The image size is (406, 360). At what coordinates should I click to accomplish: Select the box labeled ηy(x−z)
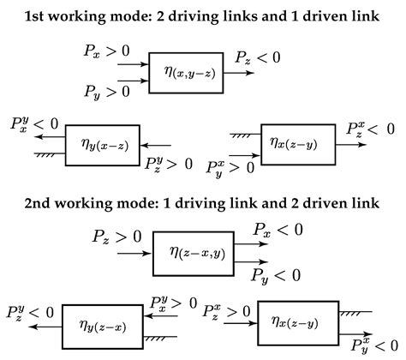[104, 144]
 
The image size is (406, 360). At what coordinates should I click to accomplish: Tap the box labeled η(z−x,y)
[193, 254]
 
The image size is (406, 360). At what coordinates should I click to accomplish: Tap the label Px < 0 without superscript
[278, 229]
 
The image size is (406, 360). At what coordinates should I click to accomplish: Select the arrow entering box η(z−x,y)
[135, 255]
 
